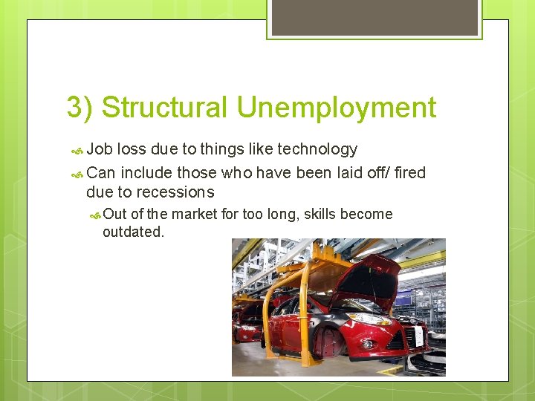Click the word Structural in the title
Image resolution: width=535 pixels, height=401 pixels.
coord(165,108)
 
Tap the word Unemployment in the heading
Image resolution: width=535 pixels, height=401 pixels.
coord(337,108)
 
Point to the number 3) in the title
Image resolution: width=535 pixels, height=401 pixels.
coord(80,108)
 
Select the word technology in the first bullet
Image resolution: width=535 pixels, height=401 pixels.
coord(317,149)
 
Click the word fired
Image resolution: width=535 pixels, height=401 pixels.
coord(409,173)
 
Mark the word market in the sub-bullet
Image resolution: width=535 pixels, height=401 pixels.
coord(195,215)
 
